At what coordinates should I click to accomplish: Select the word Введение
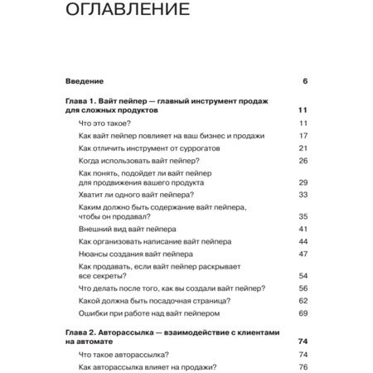[x=84, y=81]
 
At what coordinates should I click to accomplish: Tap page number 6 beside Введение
[x=305, y=81]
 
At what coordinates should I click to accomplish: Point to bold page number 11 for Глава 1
[x=303, y=109]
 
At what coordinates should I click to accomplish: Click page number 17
[x=303, y=135]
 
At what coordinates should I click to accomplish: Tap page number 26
[x=303, y=160]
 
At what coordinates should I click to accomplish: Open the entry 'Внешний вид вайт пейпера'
[x=127, y=228]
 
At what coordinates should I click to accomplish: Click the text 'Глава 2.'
[x=83, y=330]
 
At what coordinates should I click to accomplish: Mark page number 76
[x=303, y=367]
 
